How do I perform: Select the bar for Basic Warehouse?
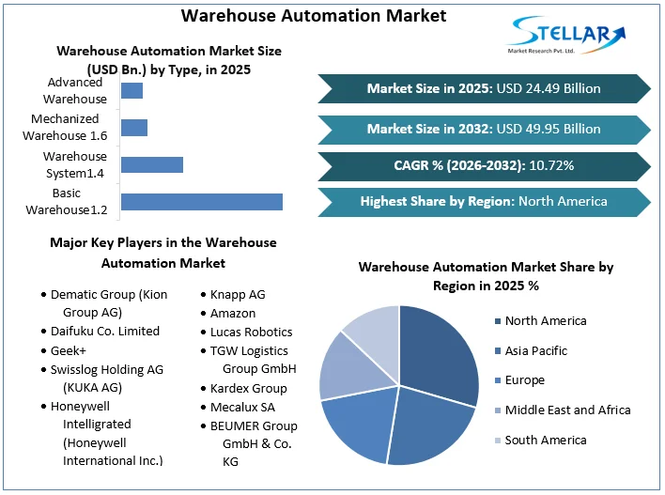coord(202,201)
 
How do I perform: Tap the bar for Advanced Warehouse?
coord(132,91)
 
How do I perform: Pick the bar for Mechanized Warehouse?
coord(134,128)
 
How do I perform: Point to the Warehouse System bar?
coord(152,164)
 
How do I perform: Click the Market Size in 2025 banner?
coord(484,88)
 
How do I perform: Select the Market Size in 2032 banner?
coord(484,129)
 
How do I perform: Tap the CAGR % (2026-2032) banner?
coord(484,165)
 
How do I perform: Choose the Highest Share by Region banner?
coord(484,201)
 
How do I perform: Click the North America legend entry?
coord(545,321)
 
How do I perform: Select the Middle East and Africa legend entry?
coord(567,410)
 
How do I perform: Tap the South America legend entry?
coord(545,440)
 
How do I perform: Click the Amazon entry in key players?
coord(233,313)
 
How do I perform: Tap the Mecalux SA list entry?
coord(242,407)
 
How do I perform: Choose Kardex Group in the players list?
coord(249,388)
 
